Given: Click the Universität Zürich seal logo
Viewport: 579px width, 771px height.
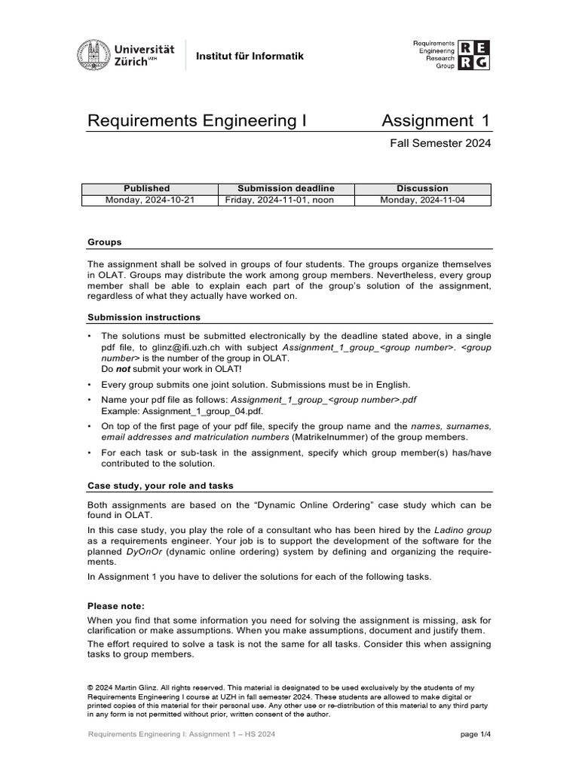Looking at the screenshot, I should [x=93, y=54].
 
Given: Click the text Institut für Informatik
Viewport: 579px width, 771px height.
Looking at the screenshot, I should [x=239, y=56].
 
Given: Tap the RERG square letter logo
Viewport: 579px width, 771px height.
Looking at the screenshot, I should [x=475, y=55].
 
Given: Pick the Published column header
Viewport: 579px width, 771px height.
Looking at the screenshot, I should [x=146, y=188].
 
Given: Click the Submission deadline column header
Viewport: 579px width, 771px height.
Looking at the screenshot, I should [x=286, y=188].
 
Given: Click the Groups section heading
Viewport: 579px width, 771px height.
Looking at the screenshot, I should [x=105, y=242].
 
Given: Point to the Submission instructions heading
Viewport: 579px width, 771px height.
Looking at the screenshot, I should [x=144, y=317].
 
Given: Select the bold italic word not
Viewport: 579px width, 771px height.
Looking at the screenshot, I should [x=123, y=370].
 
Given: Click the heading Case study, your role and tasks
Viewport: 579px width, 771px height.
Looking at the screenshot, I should [x=166, y=486].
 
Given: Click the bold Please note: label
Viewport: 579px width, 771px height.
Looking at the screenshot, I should [x=115, y=605].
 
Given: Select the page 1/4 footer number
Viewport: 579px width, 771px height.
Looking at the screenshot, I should [x=475, y=735].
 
